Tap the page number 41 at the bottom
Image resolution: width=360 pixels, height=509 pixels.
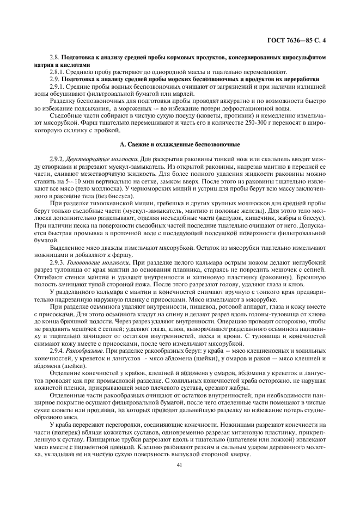[180, 465]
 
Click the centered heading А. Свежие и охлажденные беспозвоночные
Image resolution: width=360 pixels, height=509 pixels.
[180, 144]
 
